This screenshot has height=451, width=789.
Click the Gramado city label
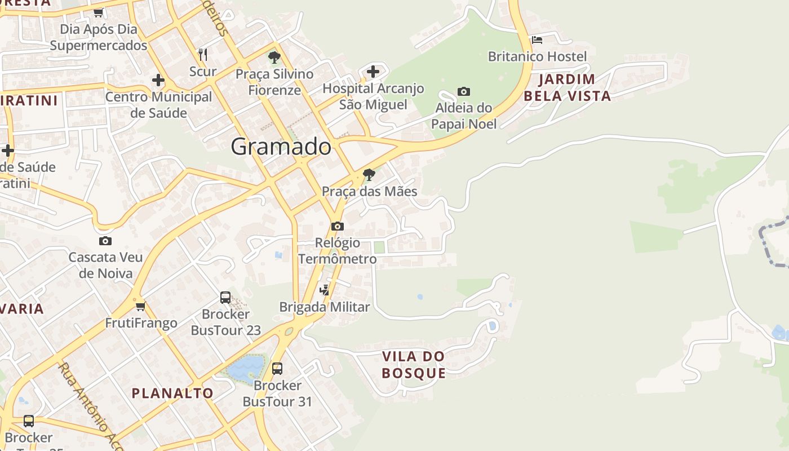pos(281,147)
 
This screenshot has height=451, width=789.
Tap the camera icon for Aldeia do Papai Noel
pos(463,91)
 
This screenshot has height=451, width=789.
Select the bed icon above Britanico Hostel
pos(537,40)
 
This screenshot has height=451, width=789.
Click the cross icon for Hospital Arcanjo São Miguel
pos(373,72)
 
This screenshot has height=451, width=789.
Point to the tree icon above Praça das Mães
pos(369,175)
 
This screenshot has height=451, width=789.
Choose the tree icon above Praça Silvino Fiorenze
pos(274,57)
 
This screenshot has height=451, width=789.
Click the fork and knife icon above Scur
pos(203,55)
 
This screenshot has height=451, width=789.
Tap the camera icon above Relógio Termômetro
pos(337,226)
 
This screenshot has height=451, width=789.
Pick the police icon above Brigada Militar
pos(324,290)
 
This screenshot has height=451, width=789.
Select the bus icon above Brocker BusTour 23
pos(225,297)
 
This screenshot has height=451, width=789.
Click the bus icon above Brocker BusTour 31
pos(277,369)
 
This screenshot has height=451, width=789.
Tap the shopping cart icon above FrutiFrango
pos(140,306)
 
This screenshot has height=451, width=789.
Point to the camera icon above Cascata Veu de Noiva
pos(105,241)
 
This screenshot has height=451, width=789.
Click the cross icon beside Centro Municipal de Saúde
pos(158,80)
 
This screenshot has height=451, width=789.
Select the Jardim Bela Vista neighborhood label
pos(567,87)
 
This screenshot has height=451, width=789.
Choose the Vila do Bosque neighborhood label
pos(414,365)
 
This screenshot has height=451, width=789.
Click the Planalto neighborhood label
pos(172,393)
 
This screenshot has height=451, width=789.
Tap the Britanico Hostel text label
pos(537,56)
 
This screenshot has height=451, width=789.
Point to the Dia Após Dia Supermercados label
pos(99,37)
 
